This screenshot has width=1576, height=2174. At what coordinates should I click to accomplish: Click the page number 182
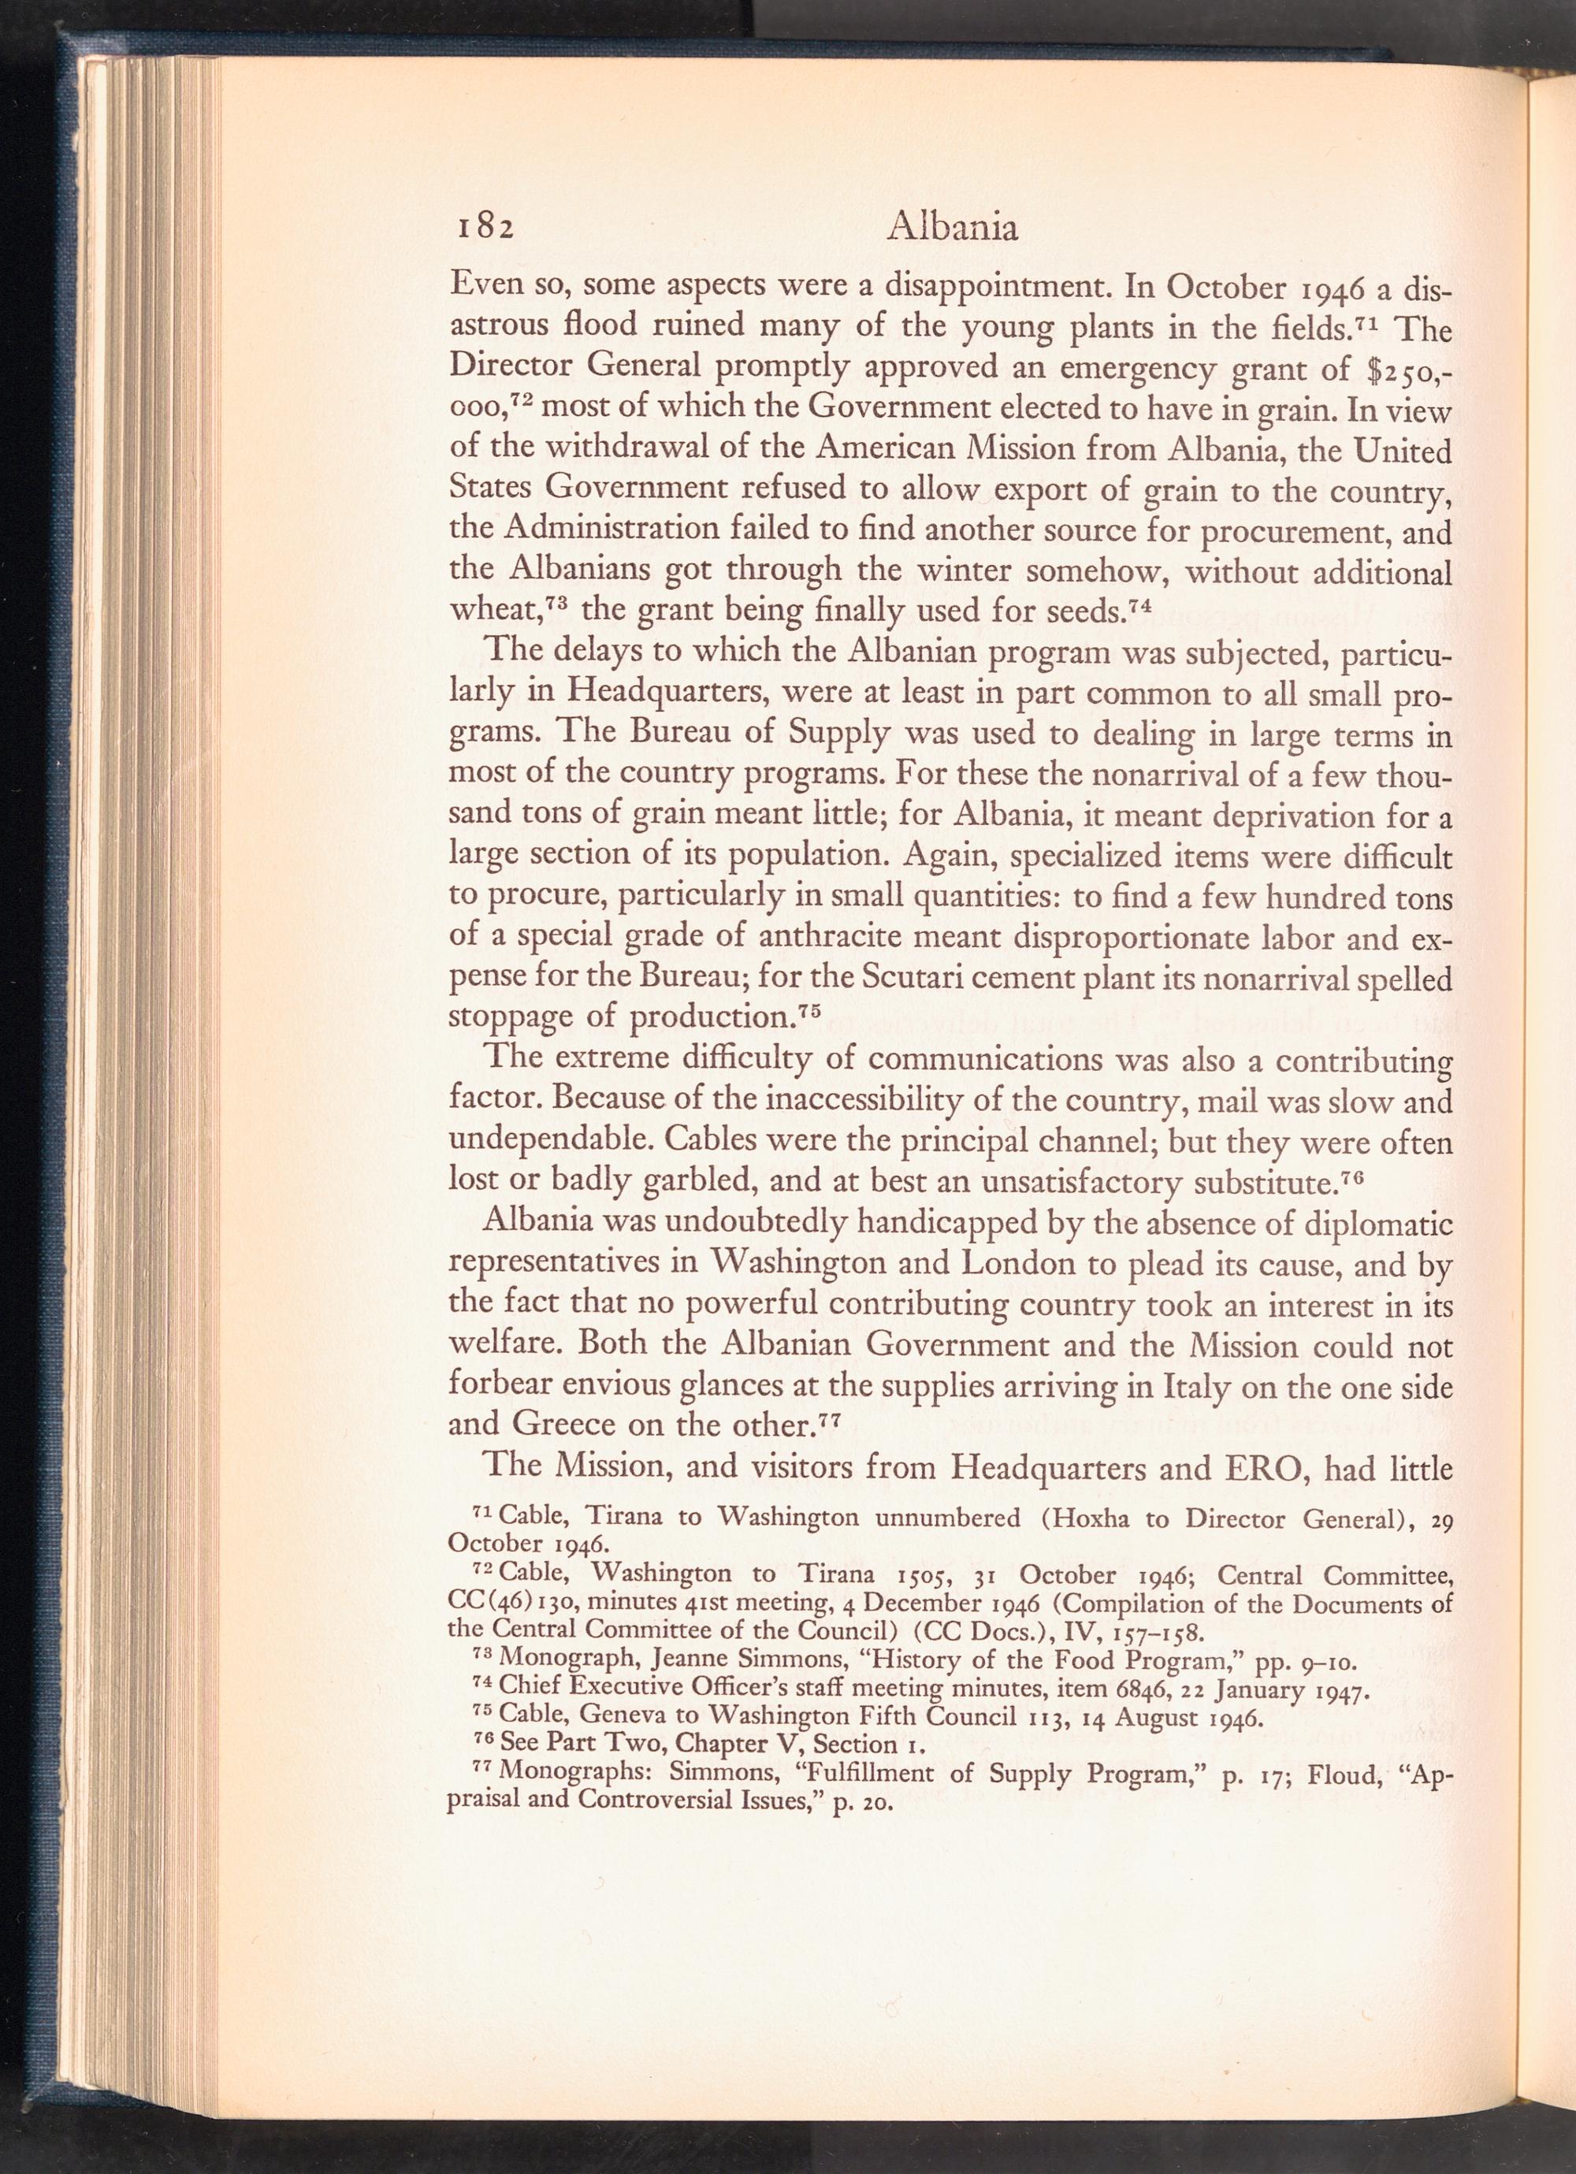pyautogui.click(x=484, y=229)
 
